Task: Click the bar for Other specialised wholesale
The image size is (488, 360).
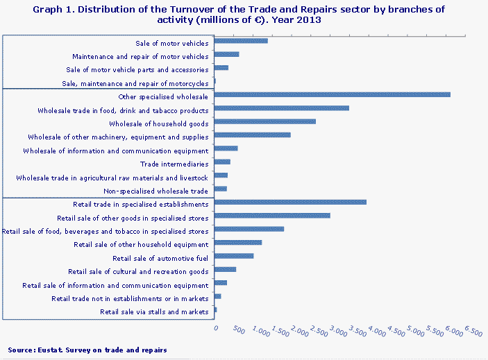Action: pyautogui.click(x=333, y=94)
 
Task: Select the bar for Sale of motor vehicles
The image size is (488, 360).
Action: pyautogui.click(x=241, y=41)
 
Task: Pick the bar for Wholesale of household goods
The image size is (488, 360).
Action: pyautogui.click(x=265, y=121)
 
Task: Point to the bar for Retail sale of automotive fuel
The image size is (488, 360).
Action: pyautogui.click(x=234, y=256)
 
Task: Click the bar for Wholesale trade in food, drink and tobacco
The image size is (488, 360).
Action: pyautogui.click(x=282, y=108)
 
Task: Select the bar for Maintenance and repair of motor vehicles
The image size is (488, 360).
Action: pyautogui.click(x=227, y=54)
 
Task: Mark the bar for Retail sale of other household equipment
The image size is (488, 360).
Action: pyautogui.click(x=238, y=243)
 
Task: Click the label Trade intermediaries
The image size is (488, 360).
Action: pyautogui.click(x=174, y=164)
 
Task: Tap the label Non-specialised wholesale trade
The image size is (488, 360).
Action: pyautogui.click(x=155, y=191)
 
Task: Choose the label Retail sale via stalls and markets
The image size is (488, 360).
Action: pyautogui.click(x=154, y=312)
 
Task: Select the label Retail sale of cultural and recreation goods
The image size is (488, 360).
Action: pyautogui.click(x=138, y=272)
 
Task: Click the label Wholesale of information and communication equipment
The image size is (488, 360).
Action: pyautogui.click(x=116, y=151)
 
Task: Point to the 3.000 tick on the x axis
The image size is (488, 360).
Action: pyautogui.click(x=337, y=332)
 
